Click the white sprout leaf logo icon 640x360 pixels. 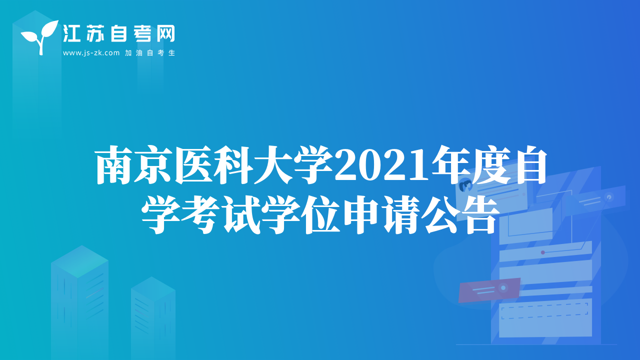(x=40, y=37)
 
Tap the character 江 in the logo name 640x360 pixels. (x=71, y=33)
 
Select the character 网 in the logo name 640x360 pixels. (x=165, y=33)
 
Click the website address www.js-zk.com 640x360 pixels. (x=91, y=53)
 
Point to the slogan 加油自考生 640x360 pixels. (x=150, y=53)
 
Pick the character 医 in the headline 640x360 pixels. (x=194, y=164)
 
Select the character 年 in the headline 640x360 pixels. (x=450, y=164)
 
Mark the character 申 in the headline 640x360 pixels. (x=361, y=214)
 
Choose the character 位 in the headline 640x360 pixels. (x=321, y=214)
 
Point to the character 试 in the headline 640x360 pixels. (x=241, y=214)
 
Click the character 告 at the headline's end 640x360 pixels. (x=480, y=214)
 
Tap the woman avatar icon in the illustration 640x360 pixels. (x=465, y=185)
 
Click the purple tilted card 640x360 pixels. (x=489, y=290)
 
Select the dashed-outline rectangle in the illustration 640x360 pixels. (x=544, y=311)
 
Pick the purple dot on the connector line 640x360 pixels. (x=543, y=252)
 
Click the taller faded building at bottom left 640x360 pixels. (x=79, y=302)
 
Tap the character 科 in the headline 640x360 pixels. (x=234, y=164)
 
